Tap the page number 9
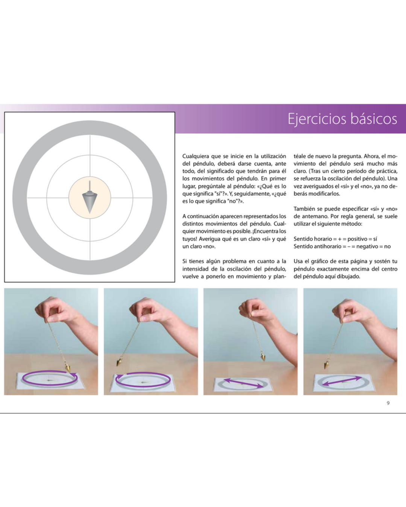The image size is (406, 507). coord(388,403)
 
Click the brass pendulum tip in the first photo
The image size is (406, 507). coord(67,368)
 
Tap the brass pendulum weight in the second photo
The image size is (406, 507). coord(119,362)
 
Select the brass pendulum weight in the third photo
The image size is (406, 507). coord(263,356)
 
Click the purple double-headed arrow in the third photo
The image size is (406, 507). coord(244,383)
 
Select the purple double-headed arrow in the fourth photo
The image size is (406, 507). coord(342,381)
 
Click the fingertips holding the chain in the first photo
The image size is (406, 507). coord(50,319)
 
